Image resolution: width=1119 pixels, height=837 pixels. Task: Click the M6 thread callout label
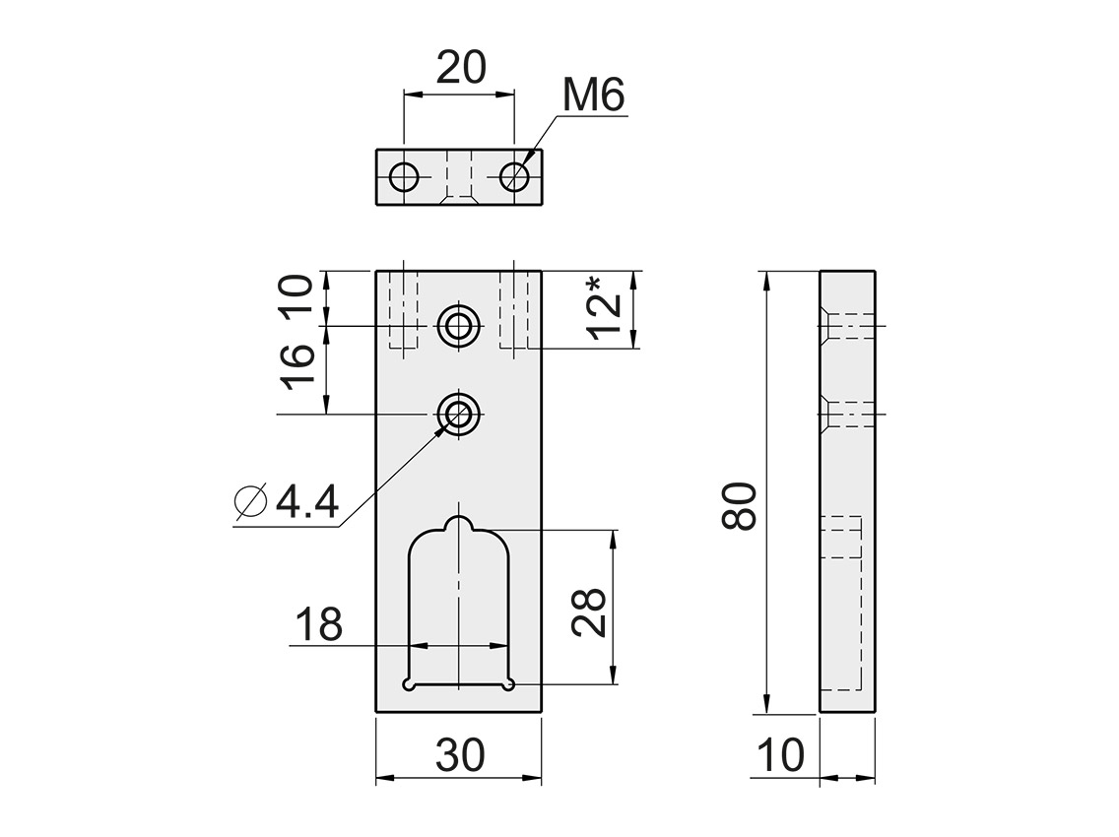tap(593, 97)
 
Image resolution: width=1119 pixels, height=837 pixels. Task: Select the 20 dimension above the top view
tap(460, 68)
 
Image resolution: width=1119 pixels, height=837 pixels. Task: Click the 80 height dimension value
tap(739, 507)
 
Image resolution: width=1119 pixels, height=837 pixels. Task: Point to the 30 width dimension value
tap(460, 756)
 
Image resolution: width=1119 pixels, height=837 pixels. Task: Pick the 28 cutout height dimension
tap(589, 613)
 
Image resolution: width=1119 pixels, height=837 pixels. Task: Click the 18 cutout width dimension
tap(317, 624)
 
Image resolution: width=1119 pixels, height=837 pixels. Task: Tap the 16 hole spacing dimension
tap(298, 368)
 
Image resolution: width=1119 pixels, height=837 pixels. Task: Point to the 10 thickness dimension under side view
tap(781, 756)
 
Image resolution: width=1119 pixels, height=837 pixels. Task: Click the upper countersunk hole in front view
tap(458, 325)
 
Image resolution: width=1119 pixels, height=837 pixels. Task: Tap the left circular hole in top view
tap(404, 178)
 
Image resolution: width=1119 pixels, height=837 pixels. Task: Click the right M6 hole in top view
tap(514, 178)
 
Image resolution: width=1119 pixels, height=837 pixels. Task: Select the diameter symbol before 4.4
tap(252, 502)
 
